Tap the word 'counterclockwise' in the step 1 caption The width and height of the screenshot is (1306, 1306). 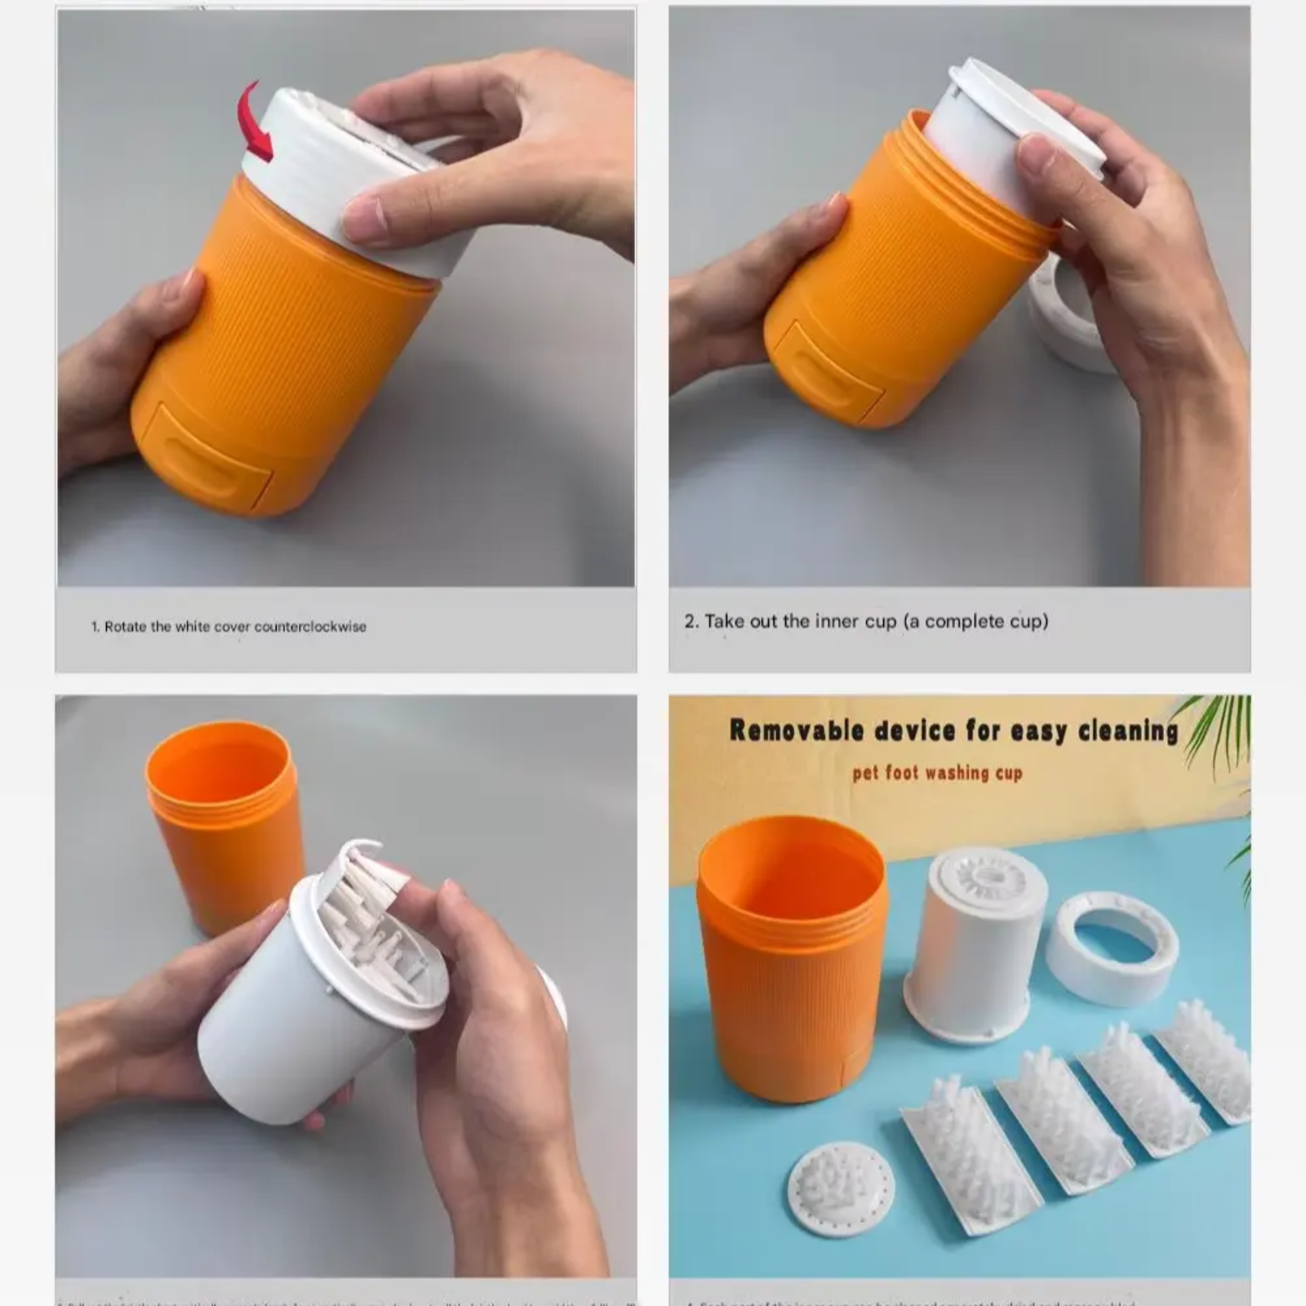click(310, 627)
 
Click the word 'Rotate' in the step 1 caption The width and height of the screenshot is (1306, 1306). click(126, 627)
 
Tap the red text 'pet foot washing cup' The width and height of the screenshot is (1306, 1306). click(937, 772)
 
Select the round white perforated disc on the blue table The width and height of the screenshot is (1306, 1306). click(840, 1187)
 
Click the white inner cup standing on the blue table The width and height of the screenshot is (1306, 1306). click(975, 947)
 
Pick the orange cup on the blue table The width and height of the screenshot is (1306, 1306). click(791, 963)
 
